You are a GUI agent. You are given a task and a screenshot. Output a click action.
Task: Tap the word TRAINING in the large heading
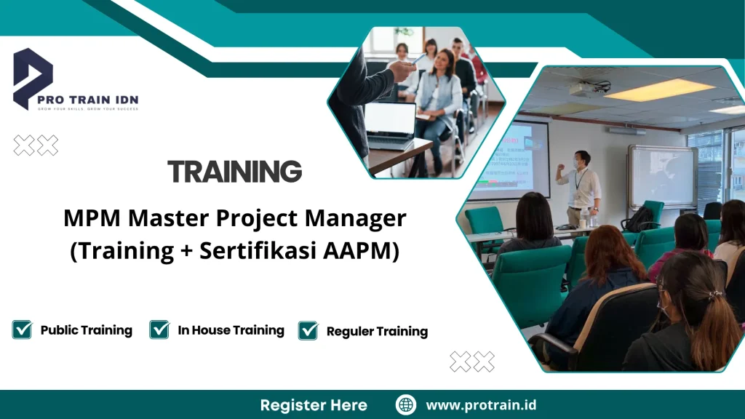point(234,172)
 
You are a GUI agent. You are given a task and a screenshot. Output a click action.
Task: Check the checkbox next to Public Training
point(22,330)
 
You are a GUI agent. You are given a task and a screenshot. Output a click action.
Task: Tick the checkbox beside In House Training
point(159,330)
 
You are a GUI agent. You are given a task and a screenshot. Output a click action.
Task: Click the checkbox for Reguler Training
point(308,330)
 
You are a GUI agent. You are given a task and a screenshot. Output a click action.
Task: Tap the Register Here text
point(314,405)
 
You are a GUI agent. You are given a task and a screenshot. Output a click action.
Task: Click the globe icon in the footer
point(405,405)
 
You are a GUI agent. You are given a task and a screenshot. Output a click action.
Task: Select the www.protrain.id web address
point(481,405)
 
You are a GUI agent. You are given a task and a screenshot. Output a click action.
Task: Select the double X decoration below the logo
point(36,145)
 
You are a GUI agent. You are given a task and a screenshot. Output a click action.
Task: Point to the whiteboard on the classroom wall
point(662,175)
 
